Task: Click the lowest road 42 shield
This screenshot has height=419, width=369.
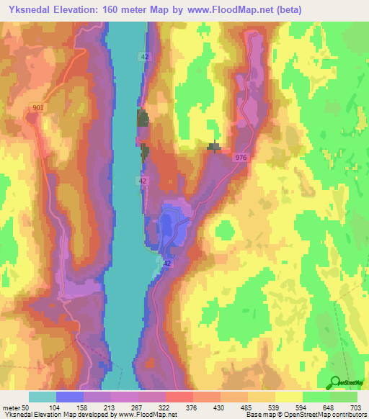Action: pyautogui.click(x=166, y=264)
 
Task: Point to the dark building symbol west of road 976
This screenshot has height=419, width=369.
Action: pyautogui.click(x=214, y=148)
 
